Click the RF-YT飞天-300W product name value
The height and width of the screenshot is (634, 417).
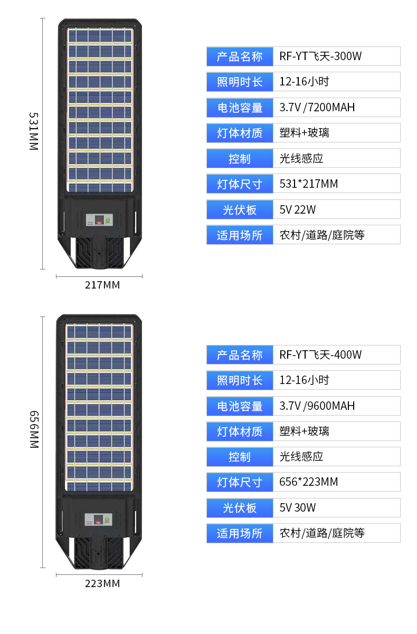[320, 56]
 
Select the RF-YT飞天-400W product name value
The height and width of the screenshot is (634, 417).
[320, 355]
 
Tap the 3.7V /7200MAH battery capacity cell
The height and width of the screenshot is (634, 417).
[317, 108]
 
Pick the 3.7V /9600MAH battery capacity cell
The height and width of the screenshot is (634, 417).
[317, 406]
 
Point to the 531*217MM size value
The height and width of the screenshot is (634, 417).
[309, 184]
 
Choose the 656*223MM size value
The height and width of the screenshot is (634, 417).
[309, 482]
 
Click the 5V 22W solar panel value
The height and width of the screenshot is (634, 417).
[298, 209]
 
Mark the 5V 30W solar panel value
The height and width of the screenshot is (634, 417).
[298, 507]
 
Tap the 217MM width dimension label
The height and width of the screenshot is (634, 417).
[102, 285]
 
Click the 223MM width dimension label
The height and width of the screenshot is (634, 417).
[102, 584]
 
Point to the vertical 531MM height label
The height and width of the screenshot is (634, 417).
[33, 131]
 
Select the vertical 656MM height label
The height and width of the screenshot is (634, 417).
[33, 429]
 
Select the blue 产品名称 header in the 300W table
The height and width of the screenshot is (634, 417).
[240, 56]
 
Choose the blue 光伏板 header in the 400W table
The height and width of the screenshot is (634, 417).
[240, 507]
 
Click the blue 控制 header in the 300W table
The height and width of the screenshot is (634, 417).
[240, 159]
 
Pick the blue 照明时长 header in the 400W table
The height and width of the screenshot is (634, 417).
[240, 380]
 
